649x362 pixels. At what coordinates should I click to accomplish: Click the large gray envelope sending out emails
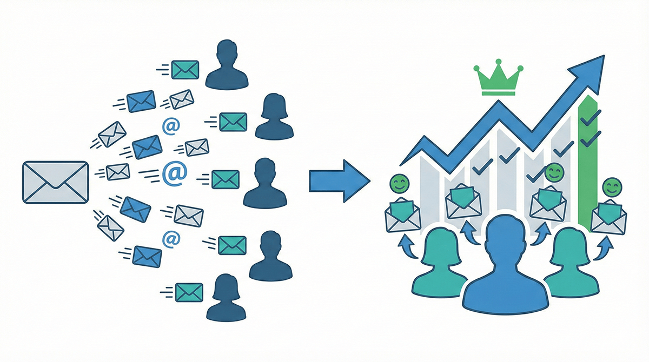(55, 183)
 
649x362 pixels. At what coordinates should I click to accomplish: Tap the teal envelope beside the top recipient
(186, 69)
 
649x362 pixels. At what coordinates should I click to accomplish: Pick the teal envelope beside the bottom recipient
(189, 292)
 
